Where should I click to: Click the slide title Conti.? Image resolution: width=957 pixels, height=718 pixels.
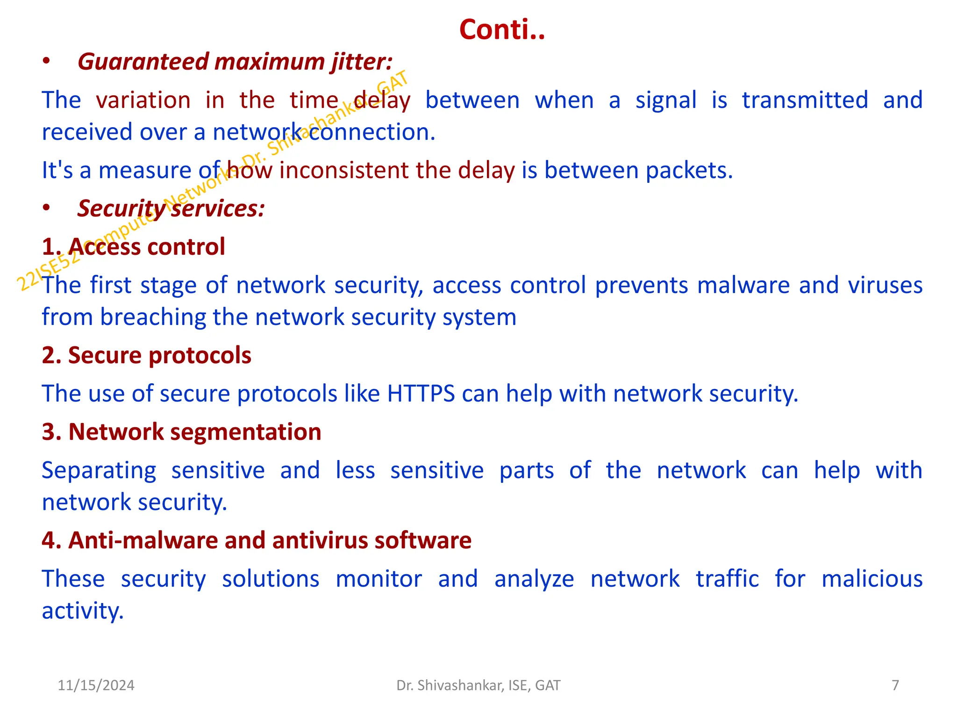pyautogui.click(x=502, y=29)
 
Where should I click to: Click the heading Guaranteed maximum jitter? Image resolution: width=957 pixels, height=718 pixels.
pyautogui.click(x=235, y=62)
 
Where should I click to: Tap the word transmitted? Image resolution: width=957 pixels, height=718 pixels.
pyautogui.click(x=805, y=100)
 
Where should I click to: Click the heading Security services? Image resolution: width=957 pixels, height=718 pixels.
pyautogui.click(x=171, y=208)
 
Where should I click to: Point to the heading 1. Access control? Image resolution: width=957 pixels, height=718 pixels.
pyautogui.click(x=133, y=246)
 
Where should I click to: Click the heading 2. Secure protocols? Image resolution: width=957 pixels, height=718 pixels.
pyautogui.click(x=146, y=355)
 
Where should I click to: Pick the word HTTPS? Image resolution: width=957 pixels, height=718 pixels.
pyautogui.click(x=421, y=394)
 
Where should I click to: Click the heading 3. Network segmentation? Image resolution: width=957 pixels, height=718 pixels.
pyautogui.click(x=181, y=431)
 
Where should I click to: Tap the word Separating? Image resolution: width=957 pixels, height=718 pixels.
pyautogui.click(x=99, y=471)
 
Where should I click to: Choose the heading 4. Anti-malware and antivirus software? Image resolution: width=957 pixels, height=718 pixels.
pyautogui.click(x=257, y=540)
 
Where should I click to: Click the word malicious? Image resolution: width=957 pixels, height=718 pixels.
pyautogui.click(x=872, y=579)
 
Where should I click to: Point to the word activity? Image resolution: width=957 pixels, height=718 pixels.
pyautogui.click(x=83, y=611)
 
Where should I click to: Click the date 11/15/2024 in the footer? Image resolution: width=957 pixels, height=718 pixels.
pyautogui.click(x=96, y=685)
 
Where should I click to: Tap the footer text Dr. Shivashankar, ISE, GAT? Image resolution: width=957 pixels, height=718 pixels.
pyautogui.click(x=478, y=685)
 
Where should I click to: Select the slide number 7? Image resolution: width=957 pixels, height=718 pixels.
pyautogui.click(x=895, y=685)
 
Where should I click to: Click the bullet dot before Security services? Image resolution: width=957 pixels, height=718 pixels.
pyautogui.click(x=46, y=208)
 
